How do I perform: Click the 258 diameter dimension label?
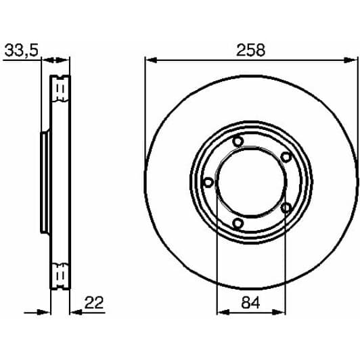(x=250, y=49)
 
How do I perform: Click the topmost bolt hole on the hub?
(x=238, y=141)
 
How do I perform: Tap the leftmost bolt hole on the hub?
(x=208, y=182)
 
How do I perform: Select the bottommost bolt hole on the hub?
(x=238, y=223)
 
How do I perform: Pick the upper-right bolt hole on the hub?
(x=286, y=157)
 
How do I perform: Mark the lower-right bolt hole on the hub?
(x=286, y=207)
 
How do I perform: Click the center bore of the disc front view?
(x=251, y=182)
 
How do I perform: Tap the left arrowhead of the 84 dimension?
(x=220, y=312)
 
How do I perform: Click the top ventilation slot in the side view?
(x=60, y=87)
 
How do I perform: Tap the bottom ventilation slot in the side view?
(x=60, y=277)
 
